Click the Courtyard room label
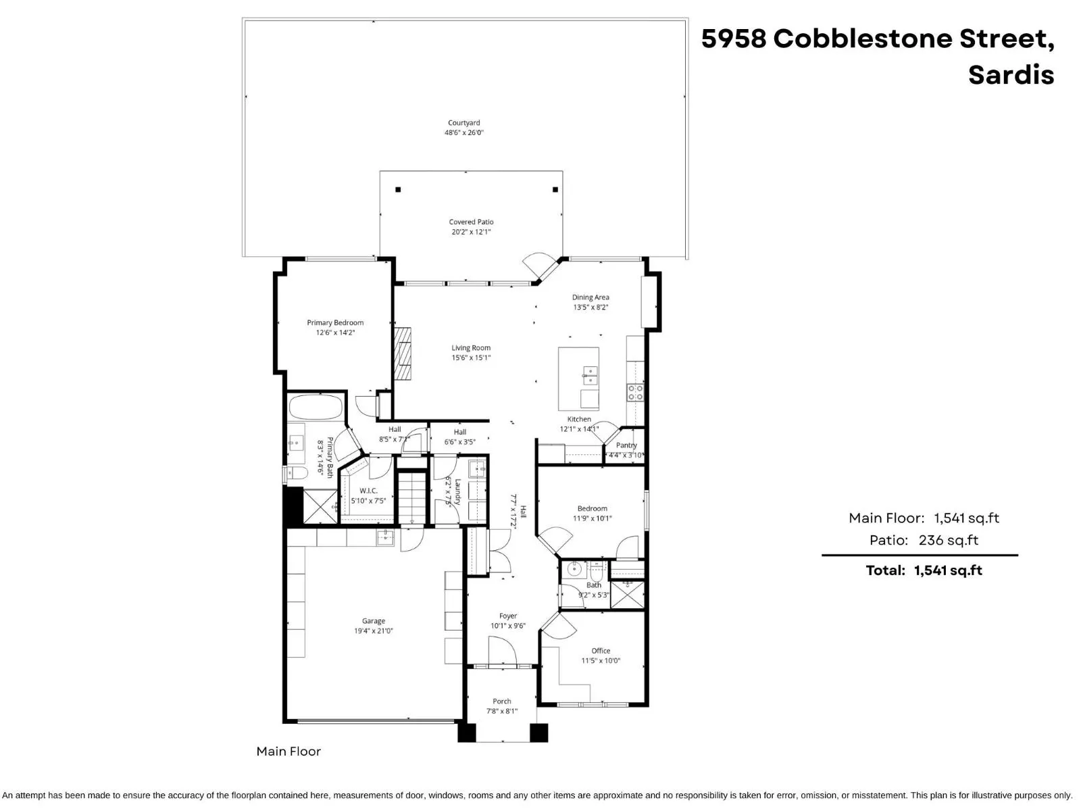point(463,123)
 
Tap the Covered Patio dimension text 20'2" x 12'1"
point(471,232)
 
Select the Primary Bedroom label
point(335,322)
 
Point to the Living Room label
point(471,348)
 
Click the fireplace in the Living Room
point(403,355)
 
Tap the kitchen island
point(578,378)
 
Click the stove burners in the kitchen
point(635,393)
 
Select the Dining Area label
point(590,297)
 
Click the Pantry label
point(626,445)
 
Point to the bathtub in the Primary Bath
point(316,408)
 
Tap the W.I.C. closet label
point(368,491)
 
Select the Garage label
point(374,621)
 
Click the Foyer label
point(508,616)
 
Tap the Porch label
point(502,702)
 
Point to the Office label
point(601,651)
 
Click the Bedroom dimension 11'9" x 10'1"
point(593,518)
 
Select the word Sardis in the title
point(1011,74)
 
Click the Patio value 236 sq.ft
point(948,540)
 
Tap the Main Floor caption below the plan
point(288,752)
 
